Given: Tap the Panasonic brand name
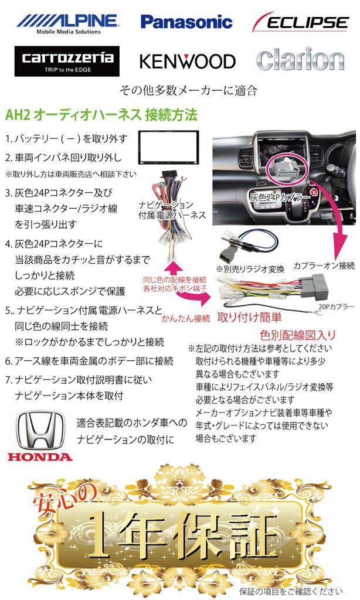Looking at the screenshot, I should pos(186,22).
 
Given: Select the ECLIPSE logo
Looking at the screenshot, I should pos(301,23).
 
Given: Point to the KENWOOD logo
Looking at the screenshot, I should pos(187,61).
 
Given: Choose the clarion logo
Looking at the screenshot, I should pos(300,60).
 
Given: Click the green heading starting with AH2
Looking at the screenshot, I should pos(101,112).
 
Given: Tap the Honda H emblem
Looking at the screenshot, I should pos(40,429).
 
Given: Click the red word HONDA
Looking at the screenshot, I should pos(40,457).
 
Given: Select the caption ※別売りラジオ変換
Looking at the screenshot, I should pos(249,269).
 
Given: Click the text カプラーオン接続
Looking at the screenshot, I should pos(324,264).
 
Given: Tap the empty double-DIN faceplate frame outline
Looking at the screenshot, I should pos(168,148).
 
